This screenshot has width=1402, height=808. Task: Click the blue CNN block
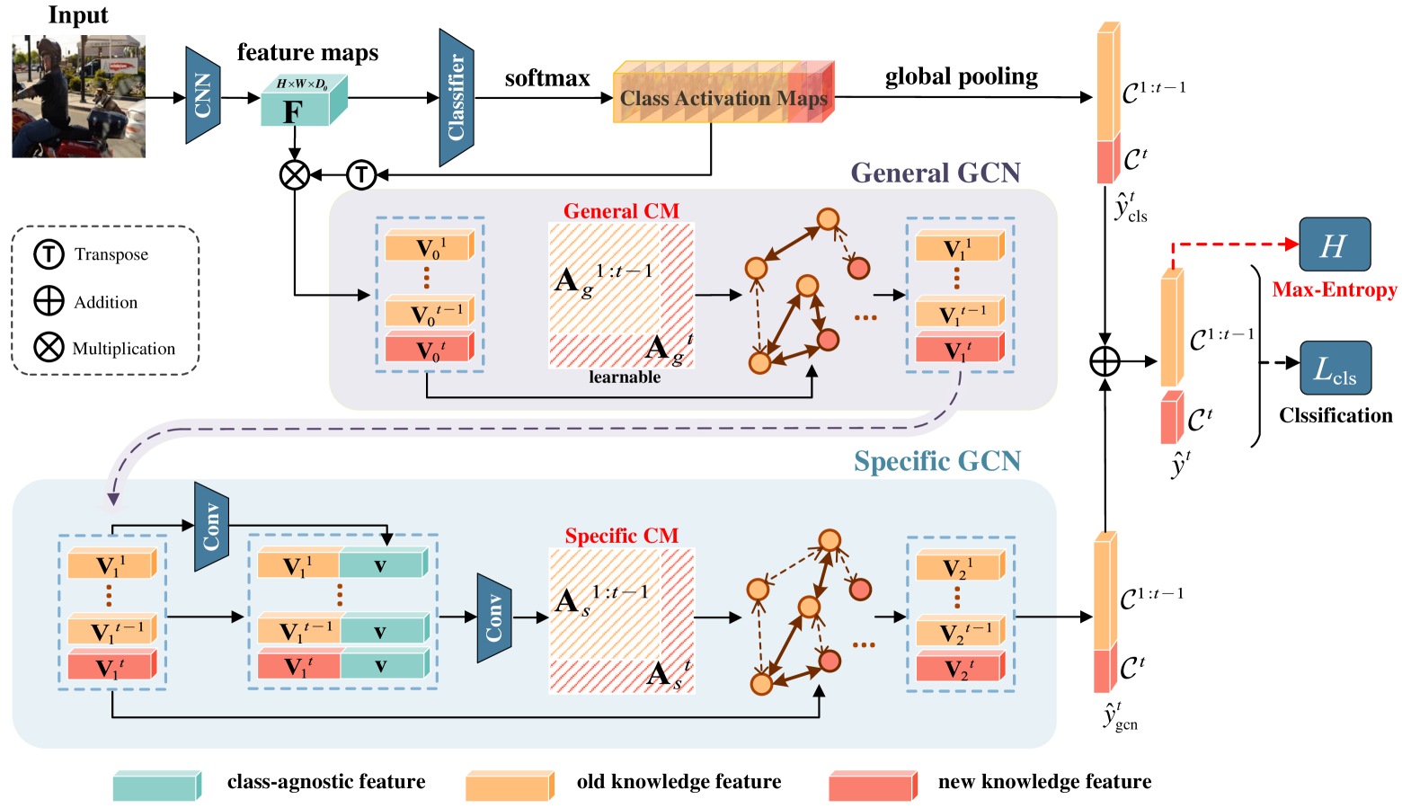coord(203,95)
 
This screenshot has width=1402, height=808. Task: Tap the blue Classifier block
coord(457,97)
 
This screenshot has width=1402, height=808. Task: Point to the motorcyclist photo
coord(78,97)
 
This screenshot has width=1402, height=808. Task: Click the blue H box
coord(1335,244)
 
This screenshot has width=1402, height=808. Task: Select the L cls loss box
coord(1335,368)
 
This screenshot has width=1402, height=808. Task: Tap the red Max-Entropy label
coord(1335,290)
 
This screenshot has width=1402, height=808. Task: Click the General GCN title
coord(936,173)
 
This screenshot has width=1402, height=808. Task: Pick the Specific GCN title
coord(936,461)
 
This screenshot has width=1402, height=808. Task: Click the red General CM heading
coord(621,211)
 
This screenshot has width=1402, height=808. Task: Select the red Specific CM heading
coord(621,536)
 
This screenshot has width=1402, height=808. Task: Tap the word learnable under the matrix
coord(625,377)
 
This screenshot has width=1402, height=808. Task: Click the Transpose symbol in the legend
coord(49,254)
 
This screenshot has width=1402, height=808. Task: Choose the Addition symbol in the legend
coord(49,301)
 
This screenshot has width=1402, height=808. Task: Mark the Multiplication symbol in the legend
coord(49,347)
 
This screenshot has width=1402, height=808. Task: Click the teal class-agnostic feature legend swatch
coord(156,786)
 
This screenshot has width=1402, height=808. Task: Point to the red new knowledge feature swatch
coord(873,786)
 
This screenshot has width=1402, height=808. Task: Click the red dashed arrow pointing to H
coord(1236,244)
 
